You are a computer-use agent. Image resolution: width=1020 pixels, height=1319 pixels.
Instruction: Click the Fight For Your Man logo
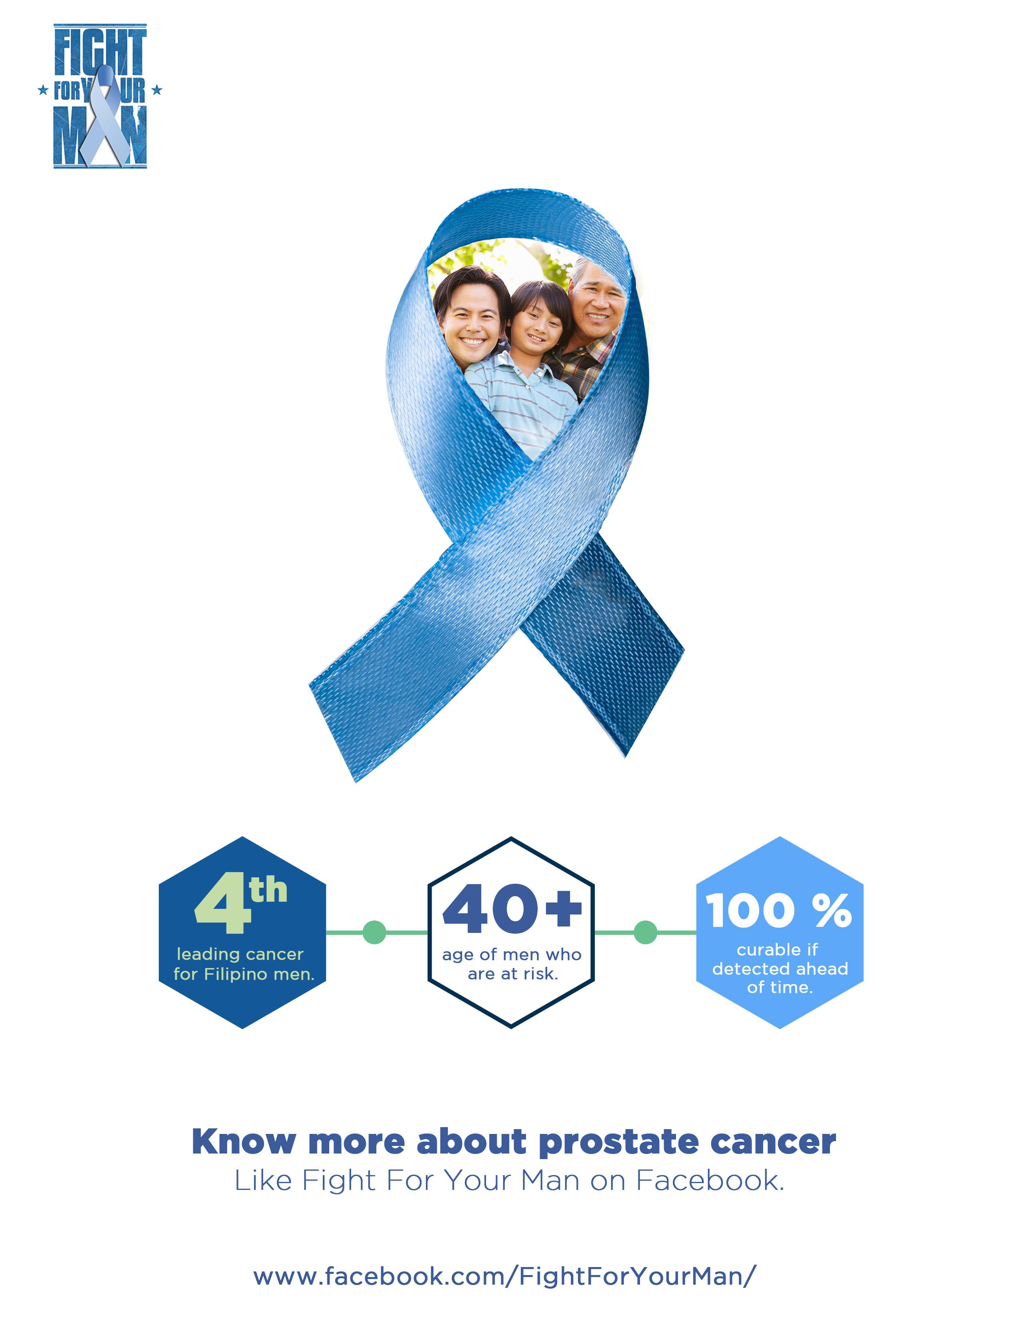point(100,96)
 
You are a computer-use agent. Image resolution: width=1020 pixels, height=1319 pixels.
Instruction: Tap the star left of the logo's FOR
point(43,91)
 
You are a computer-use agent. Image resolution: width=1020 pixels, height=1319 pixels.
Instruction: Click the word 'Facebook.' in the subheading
point(710,1181)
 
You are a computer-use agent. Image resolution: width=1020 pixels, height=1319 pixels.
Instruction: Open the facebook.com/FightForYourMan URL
point(504,1276)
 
